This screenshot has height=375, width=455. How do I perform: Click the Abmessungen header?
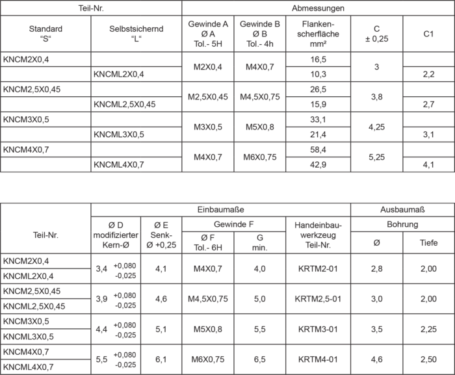pos(318,8)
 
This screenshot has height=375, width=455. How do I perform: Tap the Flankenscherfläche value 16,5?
pos(318,59)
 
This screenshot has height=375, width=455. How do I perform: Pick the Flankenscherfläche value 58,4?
pos(318,149)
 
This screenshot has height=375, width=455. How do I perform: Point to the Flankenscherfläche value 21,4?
pos(318,135)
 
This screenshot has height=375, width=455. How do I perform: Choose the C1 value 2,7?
pos(428,104)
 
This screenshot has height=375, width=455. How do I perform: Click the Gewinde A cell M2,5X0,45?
pos(207,97)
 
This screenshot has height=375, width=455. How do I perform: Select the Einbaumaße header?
pos(220,210)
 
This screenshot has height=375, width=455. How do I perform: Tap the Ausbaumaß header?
pos(402,210)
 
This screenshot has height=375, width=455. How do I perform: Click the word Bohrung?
pos(402,225)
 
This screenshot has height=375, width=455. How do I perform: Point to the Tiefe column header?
pos(428,243)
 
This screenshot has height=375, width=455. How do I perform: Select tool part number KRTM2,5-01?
pos(318,299)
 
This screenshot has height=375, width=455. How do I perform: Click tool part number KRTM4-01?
pos(318,359)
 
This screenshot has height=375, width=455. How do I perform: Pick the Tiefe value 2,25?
pos(428,329)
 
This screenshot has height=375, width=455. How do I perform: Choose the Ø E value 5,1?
pos(162,329)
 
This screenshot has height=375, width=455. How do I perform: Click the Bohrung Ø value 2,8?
pos(376,268)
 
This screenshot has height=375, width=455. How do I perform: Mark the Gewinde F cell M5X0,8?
pos(207,329)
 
